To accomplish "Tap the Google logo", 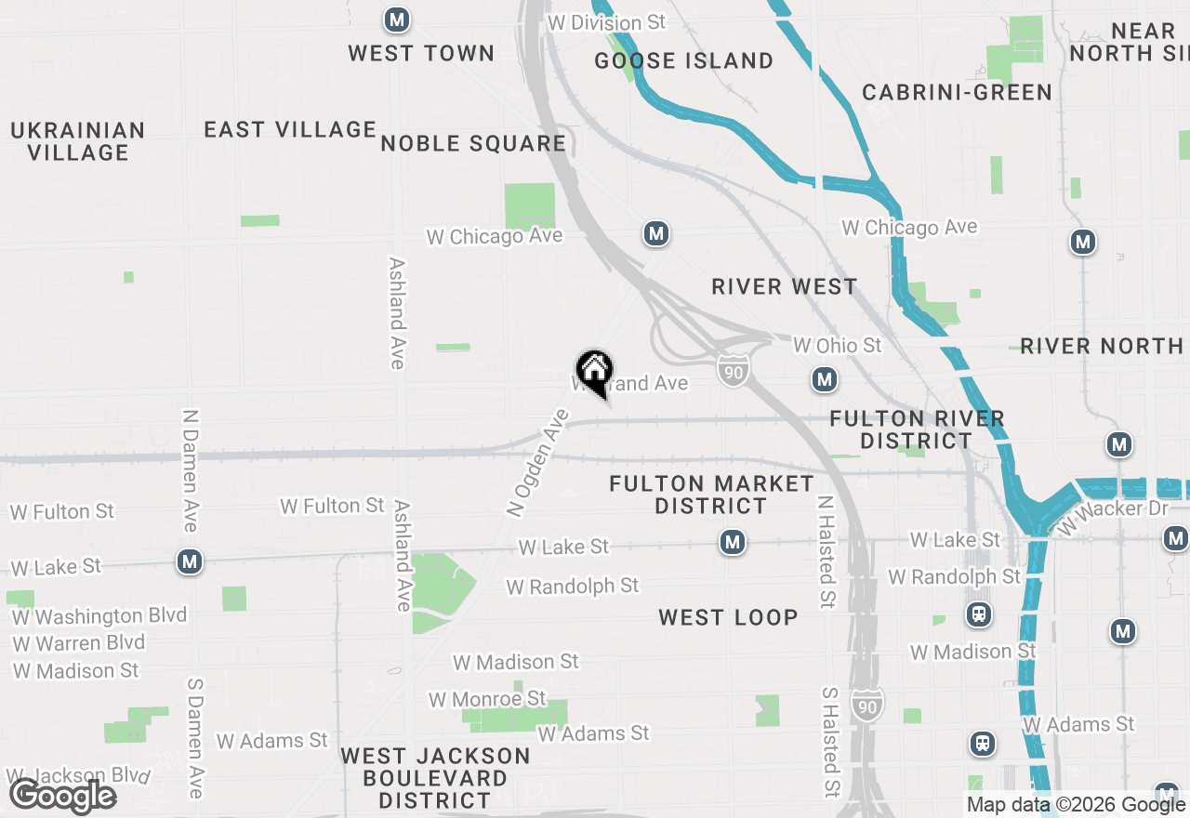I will (x=63, y=797).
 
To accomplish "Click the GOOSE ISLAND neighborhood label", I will (x=684, y=61).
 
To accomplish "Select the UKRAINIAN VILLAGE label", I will (x=78, y=141).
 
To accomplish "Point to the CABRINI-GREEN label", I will (x=957, y=93).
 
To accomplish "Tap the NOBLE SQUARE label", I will (x=473, y=143).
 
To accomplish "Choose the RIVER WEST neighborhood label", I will (x=785, y=286).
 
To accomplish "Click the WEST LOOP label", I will (x=728, y=617).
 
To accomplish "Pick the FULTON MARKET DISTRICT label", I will (x=711, y=495).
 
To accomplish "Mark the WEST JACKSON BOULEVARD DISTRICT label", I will (x=435, y=778).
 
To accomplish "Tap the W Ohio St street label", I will (x=837, y=346).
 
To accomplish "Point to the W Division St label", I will (x=608, y=22).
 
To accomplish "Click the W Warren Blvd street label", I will (x=79, y=643).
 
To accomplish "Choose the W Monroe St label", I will (x=487, y=698).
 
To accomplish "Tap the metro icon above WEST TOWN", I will (x=397, y=19).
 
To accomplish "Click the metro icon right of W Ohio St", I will (x=824, y=379).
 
